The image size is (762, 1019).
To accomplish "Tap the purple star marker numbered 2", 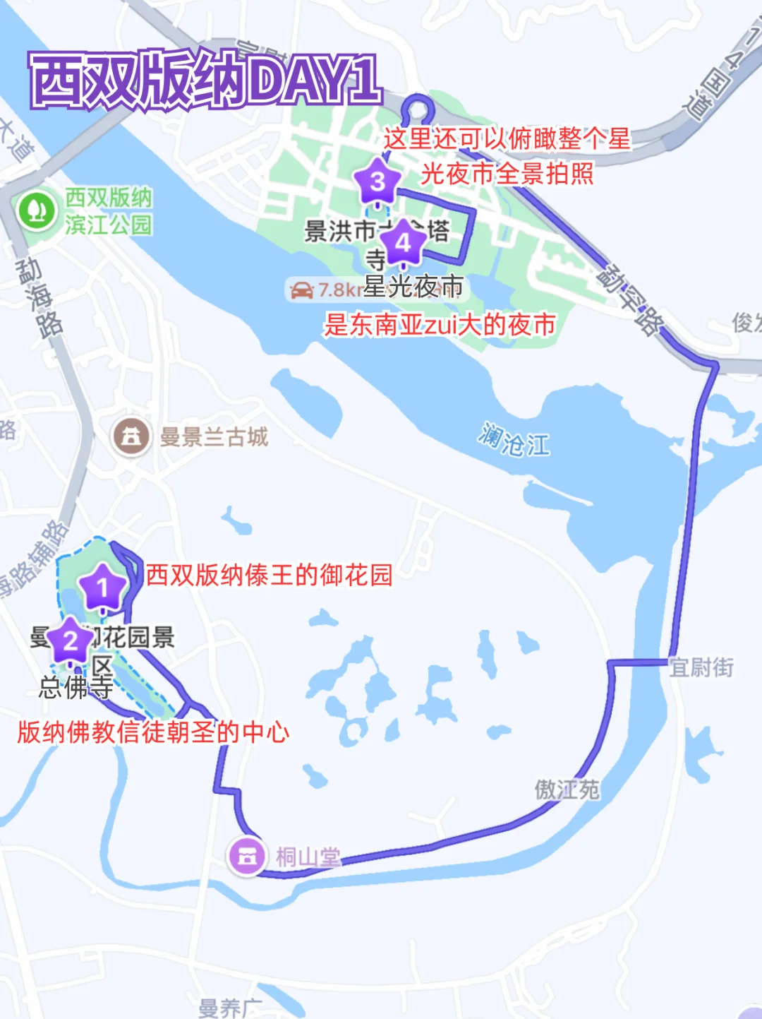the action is tap(71, 641).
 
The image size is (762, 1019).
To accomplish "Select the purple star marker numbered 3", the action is tap(377, 182).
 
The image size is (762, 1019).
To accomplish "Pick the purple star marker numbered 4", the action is tap(403, 243).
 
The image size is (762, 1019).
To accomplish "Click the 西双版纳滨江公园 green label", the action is tap(108, 210).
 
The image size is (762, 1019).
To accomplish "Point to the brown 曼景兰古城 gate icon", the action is tap(131, 437).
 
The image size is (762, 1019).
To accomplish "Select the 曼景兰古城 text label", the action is tap(214, 437).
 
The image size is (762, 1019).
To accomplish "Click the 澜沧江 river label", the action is tap(514, 440).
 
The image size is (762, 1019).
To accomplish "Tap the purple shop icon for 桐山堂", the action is tap(246, 856).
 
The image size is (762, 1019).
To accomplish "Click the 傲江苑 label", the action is tap(567, 789).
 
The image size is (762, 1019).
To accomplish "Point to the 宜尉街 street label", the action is tap(701, 667).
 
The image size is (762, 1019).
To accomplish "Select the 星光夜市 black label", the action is tap(413, 286).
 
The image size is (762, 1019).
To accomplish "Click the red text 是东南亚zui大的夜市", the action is tap(440, 324).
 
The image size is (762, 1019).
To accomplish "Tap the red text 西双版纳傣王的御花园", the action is tap(269, 575).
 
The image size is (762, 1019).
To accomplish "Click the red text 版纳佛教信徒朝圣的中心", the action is tap(153, 732).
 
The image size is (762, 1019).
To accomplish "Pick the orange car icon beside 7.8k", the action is tap(302, 290).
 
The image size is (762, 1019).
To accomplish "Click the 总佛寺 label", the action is tap(75, 687).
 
